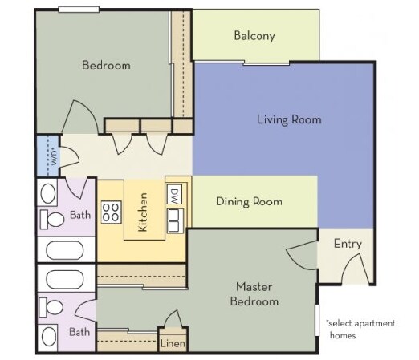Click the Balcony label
(254, 36)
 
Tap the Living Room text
(290, 119)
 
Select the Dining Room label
(249, 201)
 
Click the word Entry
(348, 244)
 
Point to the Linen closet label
(173, 343)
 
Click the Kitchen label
(143, 212)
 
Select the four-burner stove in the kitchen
(112, 212)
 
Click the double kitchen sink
(175, 220)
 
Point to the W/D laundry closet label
(55, 158)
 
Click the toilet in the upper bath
(52, 219)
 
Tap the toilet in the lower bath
(51, 307)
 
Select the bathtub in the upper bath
(65, 250)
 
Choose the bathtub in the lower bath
(65, 279)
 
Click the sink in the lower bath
(49, 337)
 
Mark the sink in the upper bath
(48, 193)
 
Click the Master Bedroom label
(254, 294)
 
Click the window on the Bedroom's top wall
(79, 10)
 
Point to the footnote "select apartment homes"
(360, 329)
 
